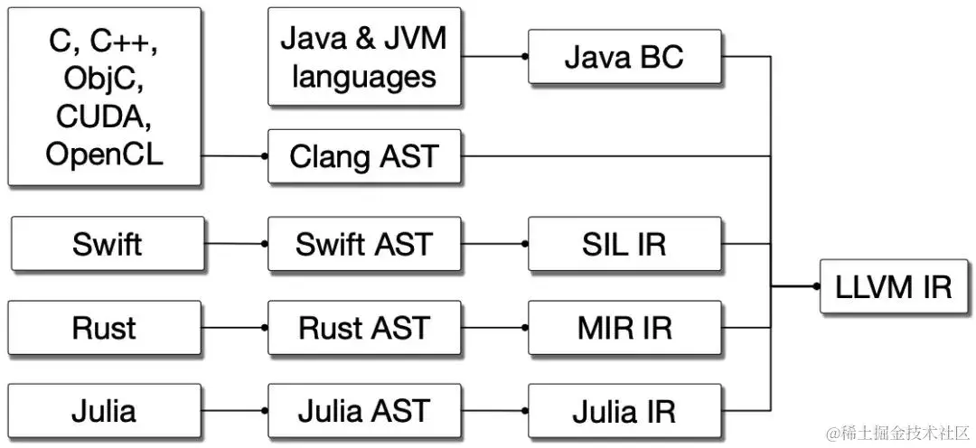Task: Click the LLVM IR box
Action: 895,286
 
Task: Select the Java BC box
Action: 624,57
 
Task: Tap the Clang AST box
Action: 364,156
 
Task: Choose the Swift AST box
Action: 364,244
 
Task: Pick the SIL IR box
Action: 624,244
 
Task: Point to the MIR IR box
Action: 624,328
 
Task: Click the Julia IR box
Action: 624,411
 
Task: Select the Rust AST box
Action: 364,328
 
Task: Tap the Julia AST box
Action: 364,411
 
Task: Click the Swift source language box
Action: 107,244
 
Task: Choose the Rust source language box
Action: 104,328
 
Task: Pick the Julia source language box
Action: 104,411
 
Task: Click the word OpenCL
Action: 104,154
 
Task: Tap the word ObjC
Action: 104,79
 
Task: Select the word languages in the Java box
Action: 364,77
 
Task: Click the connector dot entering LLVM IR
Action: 816,286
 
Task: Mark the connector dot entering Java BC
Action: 524,57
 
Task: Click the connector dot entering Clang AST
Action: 264,156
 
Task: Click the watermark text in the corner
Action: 898,432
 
